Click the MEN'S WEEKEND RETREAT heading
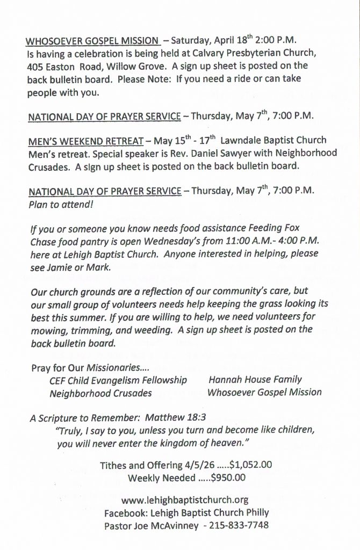[85, 141]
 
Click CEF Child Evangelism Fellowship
[118, 380]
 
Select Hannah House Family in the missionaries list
[256, 380]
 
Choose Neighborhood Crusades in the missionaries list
[100, 393]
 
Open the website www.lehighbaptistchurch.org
[185, 501]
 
